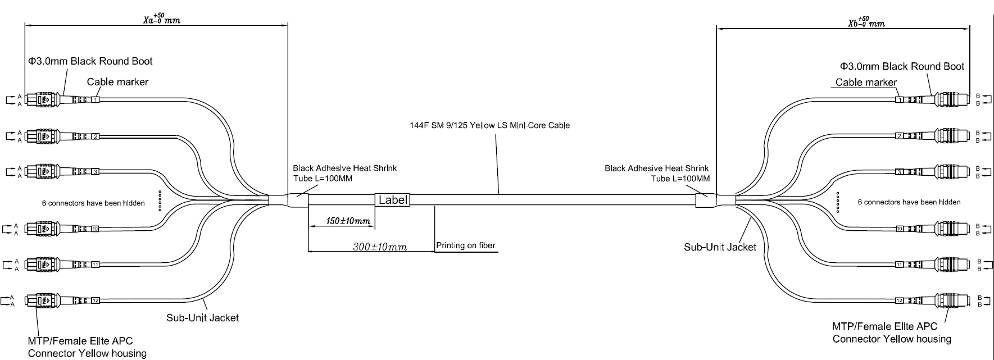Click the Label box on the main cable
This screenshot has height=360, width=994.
(392, 199)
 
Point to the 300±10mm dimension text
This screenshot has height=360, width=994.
(380, 247)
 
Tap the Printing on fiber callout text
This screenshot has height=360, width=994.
(466, 245)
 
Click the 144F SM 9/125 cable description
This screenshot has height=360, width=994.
(489, 125)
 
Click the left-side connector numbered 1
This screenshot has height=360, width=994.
(42, 100)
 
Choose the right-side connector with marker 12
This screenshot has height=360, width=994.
(950, 301)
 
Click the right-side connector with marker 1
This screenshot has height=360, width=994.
(950, 100)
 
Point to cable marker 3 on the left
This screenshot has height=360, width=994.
(96, 171)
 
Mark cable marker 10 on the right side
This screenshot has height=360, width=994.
(900, 229)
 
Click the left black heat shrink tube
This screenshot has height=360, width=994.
(298, 200)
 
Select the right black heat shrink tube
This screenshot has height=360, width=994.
(705, 200)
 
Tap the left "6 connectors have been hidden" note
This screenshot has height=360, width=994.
(93, 203)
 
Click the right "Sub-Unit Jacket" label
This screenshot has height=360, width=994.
(720, 247)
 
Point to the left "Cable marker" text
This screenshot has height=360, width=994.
(117, 82)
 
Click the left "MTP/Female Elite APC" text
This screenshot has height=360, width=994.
(80, 341)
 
